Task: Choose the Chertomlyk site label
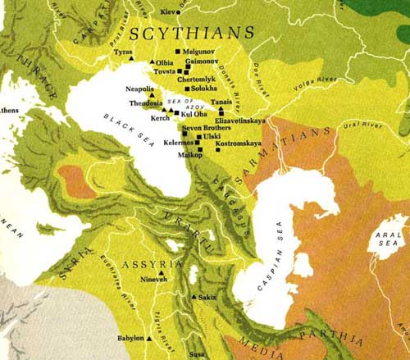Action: (196, 79)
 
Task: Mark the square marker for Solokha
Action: (187, 89)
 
